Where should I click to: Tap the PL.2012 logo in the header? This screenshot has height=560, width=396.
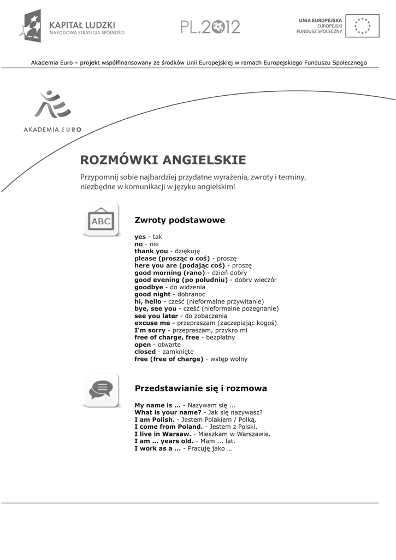(210, 26)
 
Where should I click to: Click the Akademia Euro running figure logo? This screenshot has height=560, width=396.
(52, 105)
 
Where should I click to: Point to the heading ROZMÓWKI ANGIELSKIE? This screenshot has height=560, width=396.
(163, 160)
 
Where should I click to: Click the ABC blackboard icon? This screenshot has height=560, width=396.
(101, 220)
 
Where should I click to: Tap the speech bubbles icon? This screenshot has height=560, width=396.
(101, 389)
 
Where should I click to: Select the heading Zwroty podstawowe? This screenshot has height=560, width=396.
(180, 220)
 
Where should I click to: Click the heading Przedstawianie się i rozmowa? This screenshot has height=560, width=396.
(200, 388)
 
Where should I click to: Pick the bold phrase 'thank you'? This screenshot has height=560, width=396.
(151, 251)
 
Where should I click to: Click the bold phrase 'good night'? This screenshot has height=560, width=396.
(152, 294)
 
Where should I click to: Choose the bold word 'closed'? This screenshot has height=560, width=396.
(145, 352)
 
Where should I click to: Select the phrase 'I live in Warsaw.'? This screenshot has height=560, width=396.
(163, 434)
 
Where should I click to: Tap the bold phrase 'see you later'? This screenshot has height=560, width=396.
(156, 316)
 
